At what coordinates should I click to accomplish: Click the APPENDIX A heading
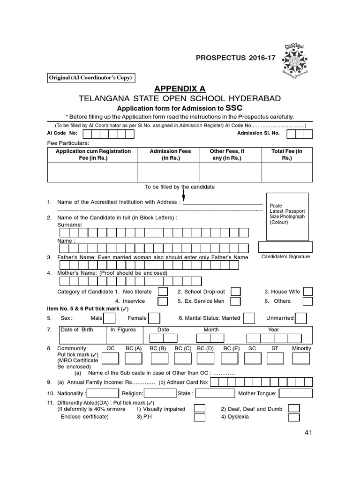(x=180, y=90)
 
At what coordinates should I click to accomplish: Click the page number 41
(x=307, y=433)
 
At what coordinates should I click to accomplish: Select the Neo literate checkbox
(x=163, y=292)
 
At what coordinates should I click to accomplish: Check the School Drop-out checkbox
(x=236, y=292)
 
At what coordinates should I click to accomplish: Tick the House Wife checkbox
(x=307, y=292)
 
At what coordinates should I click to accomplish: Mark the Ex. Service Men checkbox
(x=236, y=301)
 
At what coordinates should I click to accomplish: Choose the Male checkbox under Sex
(x=109, y=318)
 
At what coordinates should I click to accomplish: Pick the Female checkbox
(x=154, y=318)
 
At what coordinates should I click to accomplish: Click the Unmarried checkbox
(x=301, y=318)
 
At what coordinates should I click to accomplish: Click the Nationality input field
(x=103, y=393)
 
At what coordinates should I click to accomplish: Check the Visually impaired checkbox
(x=200, y=408)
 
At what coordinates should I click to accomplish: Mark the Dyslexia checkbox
(x=294, y=417)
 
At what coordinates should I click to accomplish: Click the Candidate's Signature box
(x=285, y=247)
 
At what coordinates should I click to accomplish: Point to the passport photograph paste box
(x=287, y=216)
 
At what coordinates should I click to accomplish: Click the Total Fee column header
(x=287, y=155)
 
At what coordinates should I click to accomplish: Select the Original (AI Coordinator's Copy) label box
(x=91, y=78)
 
